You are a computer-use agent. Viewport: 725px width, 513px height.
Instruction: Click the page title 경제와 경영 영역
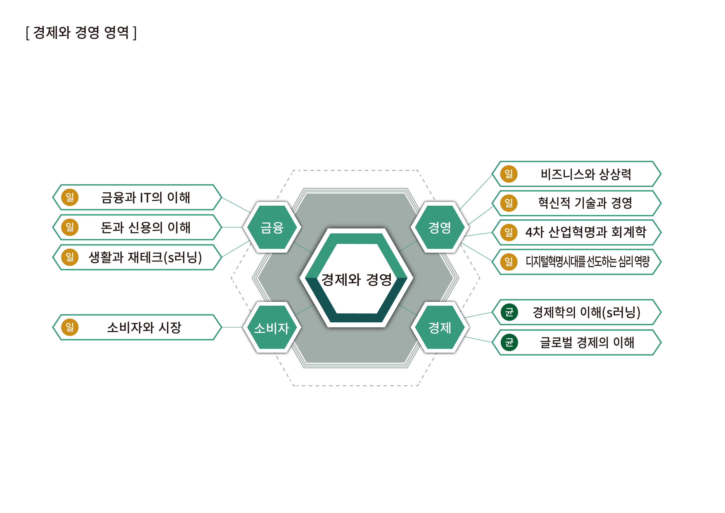pyautogui.click(x=81, y=32)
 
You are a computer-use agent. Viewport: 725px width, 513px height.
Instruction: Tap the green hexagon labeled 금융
pyautogui.click(x=272, y=227)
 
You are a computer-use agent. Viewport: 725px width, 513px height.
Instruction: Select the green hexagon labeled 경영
pyautogui.click(x=440, y=227)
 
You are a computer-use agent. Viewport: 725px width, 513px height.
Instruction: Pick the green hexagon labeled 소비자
pyautogui.click(x=272, y=328)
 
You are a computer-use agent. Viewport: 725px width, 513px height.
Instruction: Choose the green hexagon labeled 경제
pyautogui.click(x=440, y=328)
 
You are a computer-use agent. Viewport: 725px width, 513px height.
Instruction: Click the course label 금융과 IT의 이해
pyautogui.click(x=145, y=198)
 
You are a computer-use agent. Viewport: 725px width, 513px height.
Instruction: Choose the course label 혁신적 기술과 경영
pyautogui.click(x=585, y=203)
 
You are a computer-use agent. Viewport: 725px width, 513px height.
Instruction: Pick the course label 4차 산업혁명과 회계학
pyautogui.click(x=586, y=232)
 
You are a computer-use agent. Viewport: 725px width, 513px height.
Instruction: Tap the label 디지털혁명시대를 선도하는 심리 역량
pyautogui.click(x=587, y=262)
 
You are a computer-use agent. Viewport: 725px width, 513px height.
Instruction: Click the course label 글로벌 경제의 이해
pyautogui.click(x=587, y=342)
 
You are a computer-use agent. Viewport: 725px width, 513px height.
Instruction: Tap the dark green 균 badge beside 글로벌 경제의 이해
pyautogui.click(x=509, y=342)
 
